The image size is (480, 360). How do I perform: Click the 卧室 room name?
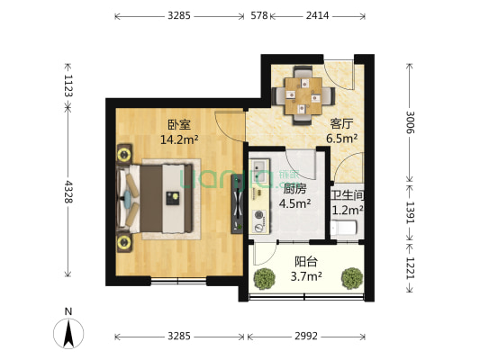[x=178, y=125]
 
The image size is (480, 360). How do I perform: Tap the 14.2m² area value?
[x=178, y=139]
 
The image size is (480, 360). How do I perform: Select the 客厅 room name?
[x=340, y=125]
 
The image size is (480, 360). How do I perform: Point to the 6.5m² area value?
[x=341, y=139]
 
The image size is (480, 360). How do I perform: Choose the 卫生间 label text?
[x=347, y=195]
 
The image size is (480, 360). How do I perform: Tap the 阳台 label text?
[x=305, y=262]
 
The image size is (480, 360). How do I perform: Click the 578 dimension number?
[x=259, y=15]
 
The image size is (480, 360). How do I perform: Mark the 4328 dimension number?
[x=67, y=191]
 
